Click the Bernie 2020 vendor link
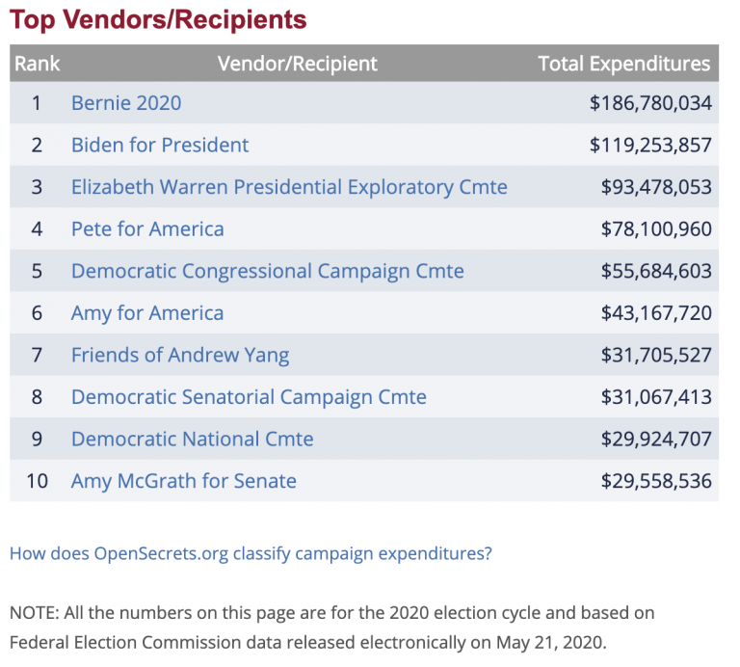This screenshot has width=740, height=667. pos(126,103)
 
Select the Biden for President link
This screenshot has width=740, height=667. pos(160,146)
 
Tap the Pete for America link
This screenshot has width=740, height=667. pos(147,229)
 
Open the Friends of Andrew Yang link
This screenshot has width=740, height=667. pos(180,355)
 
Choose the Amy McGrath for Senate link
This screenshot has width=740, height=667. pos(184,481)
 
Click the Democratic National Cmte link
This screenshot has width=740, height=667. pos(193,439)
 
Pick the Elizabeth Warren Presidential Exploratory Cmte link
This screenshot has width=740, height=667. pos(289,187)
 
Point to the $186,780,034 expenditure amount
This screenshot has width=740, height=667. pos(650,103)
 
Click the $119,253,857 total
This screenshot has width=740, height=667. pos(650,146)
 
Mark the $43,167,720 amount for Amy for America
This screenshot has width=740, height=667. pos(656,313)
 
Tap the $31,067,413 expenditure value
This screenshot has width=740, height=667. pos(656,397)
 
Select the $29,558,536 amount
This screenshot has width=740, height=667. pos(656,481)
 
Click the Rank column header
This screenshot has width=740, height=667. pos(38,65)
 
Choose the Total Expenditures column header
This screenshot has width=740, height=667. pos(623,65)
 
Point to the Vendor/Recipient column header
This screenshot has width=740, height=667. pos(298,65)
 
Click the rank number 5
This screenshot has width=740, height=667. pos(37,271)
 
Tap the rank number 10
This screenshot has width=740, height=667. pos(37,481)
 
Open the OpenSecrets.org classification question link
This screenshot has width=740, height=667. pos(251,554)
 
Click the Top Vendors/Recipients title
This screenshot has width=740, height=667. pos(159,19)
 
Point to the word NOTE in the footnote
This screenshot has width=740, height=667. pos(32,613)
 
